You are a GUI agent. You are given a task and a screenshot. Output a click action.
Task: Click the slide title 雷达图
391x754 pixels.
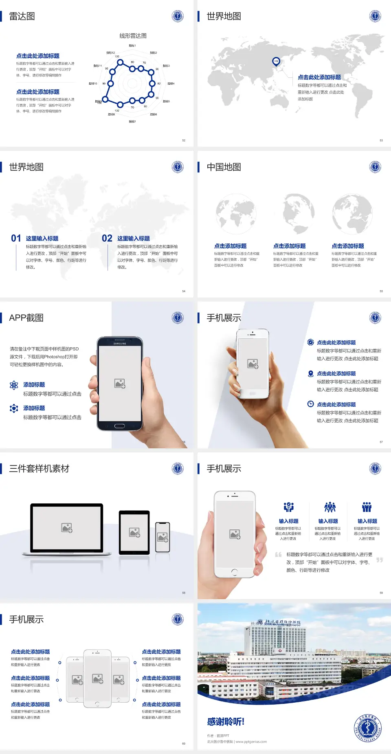[22, 16]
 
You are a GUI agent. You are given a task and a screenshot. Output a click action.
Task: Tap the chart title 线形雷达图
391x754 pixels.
[133, 36]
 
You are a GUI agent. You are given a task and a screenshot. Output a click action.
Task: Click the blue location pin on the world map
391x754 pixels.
[276, 62]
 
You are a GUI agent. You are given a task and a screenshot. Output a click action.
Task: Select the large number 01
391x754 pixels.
[16, 238]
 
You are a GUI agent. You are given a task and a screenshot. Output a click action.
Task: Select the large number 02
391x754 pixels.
[107, 238]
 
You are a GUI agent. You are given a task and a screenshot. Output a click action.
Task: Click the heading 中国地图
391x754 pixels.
[224, 167]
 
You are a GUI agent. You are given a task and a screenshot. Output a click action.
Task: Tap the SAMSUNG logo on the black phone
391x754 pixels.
[120, 344]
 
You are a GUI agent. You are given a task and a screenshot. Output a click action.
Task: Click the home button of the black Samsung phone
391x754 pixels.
[119, 426]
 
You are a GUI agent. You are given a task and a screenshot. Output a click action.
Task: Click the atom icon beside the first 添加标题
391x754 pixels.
[14, 385]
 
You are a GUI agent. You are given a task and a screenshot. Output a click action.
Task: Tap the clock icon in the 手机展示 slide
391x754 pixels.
[310, 404]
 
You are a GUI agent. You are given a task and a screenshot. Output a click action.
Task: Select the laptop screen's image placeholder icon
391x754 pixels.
[67, 528]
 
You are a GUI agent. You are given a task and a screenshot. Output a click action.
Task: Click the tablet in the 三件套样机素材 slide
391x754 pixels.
[134, 532]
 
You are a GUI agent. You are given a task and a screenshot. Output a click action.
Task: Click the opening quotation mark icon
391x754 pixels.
[278, 555]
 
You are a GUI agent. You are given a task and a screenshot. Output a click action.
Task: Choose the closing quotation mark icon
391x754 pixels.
[379, 560]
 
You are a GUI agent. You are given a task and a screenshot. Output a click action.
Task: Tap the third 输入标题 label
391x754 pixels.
[367, 521]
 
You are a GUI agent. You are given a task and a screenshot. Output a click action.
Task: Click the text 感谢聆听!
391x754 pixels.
[226, 722]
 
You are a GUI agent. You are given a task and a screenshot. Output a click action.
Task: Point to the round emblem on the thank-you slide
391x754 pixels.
[368, 728]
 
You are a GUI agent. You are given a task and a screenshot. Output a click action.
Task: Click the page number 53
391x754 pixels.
[381, 141]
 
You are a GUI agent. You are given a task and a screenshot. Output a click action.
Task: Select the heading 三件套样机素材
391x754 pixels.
[39, 469]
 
